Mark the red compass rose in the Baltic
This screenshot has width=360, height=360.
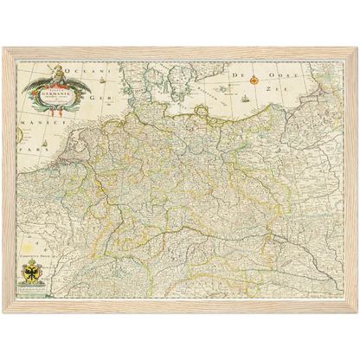254,80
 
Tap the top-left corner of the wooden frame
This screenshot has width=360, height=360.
4,48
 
